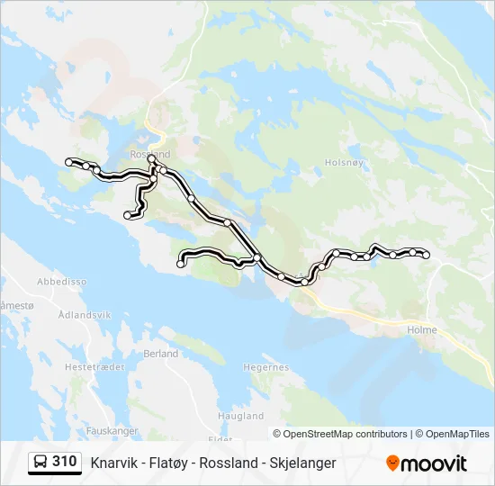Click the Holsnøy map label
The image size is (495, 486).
pos(345,163)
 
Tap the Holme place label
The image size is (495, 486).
pos(422,330)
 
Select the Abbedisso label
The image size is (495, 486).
pos(62,282)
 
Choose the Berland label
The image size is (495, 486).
pos(161,355)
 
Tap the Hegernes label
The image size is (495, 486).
pos(266,367)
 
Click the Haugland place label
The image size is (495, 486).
pos(241,417)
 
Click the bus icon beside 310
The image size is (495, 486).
pos(40,463)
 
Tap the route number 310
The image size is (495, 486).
pos(64,462)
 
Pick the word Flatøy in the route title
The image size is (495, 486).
pos(169,463)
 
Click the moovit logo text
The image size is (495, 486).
pos(434,463)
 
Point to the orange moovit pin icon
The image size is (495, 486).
pos(392,463)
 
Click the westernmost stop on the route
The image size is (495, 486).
pos(68,161)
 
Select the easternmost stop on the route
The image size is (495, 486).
pos(427,256)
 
